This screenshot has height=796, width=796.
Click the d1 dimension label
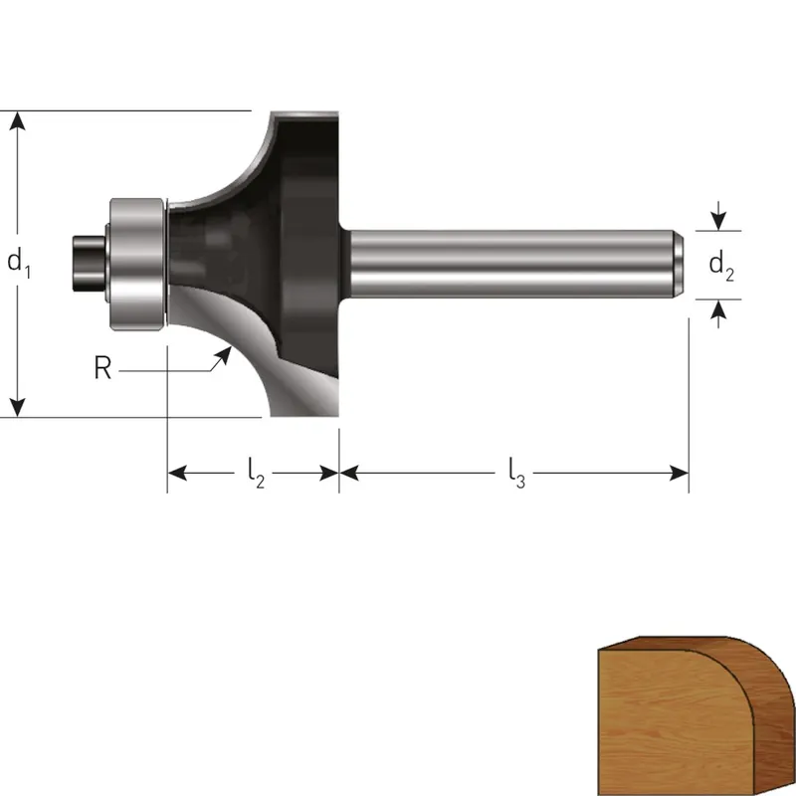[19, 264]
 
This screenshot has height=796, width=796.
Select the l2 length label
[256, 474]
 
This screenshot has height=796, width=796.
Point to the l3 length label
[516, 474]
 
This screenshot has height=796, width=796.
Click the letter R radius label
[102, 367]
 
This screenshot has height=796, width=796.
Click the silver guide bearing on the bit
[137, 264]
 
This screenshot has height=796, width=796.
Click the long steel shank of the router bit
[512, 264]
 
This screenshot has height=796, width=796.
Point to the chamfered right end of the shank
[679, 264]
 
